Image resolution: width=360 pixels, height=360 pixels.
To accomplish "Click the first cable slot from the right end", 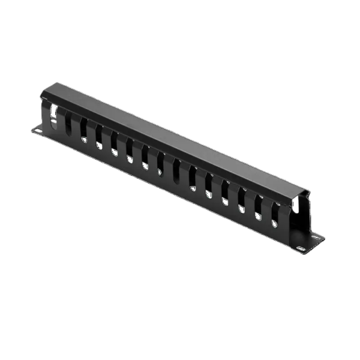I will coord(274,215).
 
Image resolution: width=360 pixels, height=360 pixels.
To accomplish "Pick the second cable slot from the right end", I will coord(258,208).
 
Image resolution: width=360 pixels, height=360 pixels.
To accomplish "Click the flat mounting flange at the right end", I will coord(306,242).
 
